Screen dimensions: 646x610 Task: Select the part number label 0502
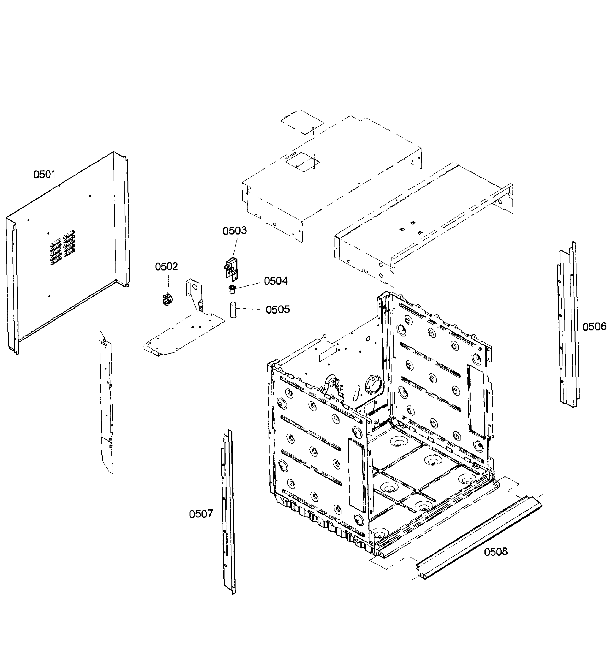(x=166, y=267)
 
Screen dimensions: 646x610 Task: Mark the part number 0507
(x=201, y=514)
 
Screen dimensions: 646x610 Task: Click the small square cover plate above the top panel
(x=302, y=122)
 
